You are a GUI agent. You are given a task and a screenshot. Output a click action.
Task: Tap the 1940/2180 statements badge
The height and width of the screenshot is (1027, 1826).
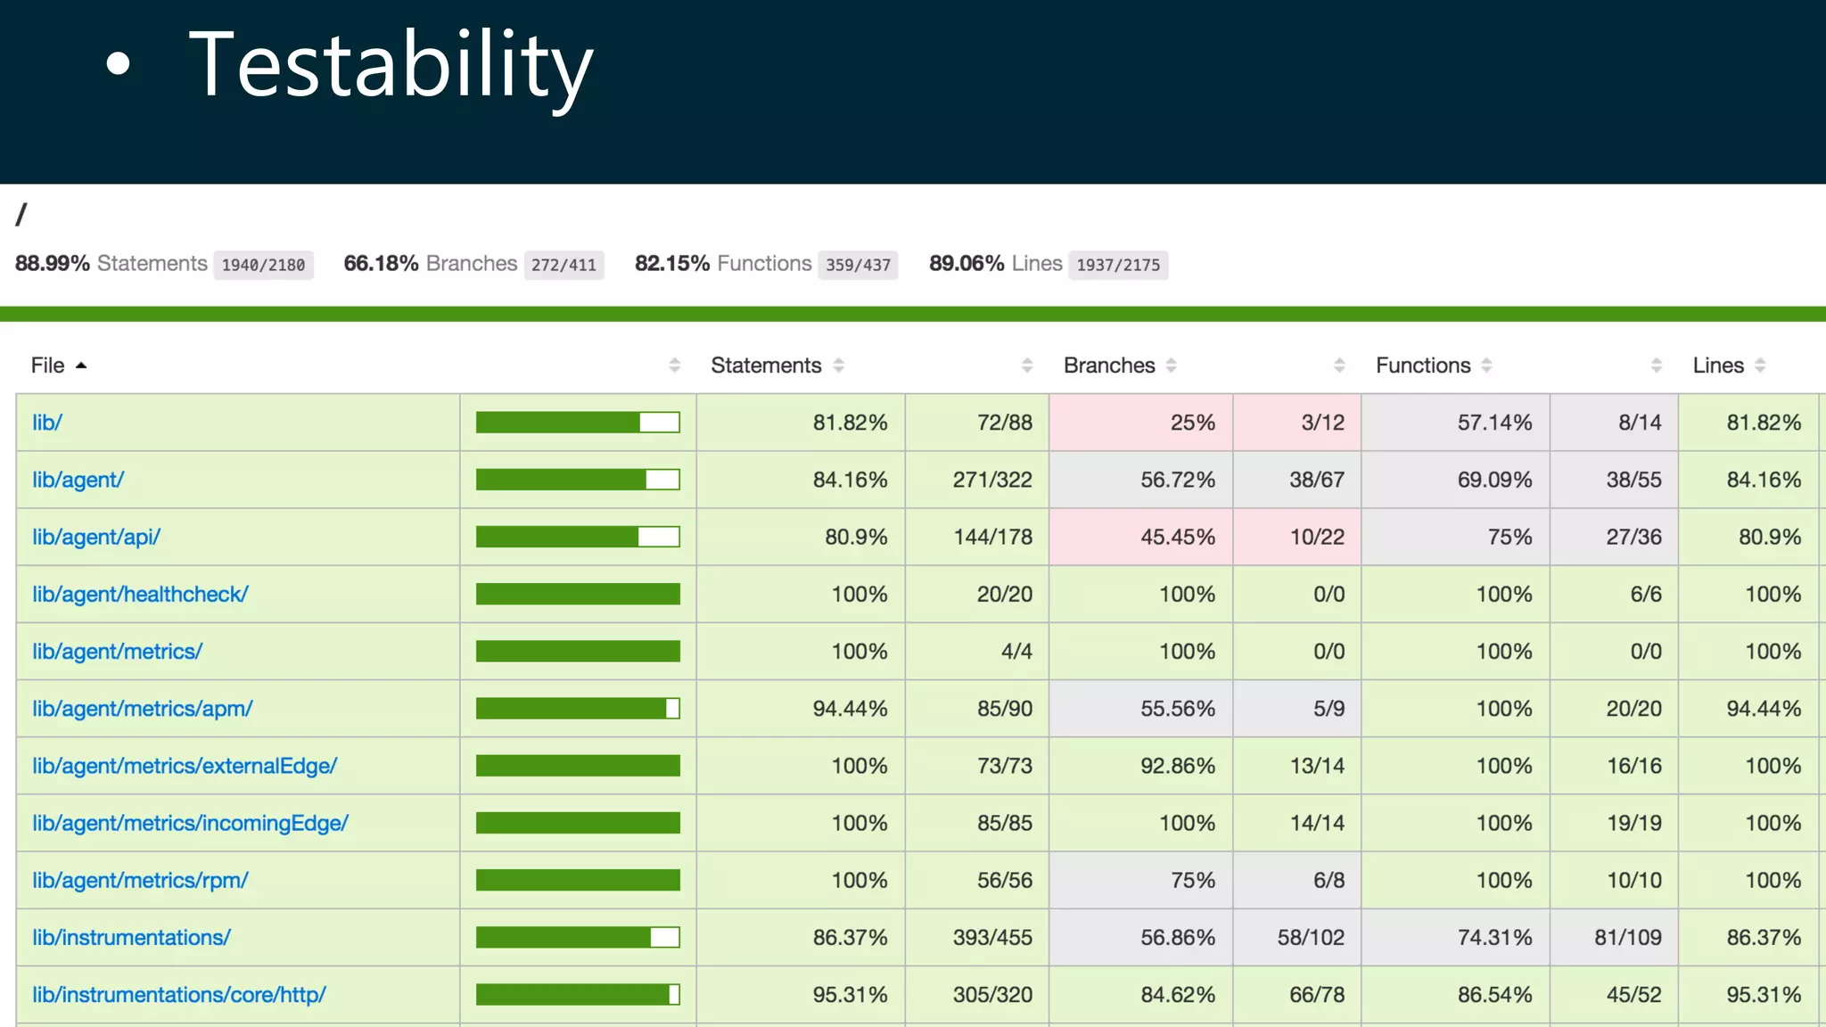(263, 265)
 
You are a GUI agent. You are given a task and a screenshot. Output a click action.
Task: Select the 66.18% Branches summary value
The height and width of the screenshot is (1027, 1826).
(381, 264)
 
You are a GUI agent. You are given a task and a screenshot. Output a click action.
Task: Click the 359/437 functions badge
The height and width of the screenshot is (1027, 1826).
(858, 265)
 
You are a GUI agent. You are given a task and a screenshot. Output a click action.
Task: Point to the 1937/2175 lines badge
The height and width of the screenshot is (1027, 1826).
(1118, 265)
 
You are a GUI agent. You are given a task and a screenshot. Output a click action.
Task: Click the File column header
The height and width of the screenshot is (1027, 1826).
(48, 366)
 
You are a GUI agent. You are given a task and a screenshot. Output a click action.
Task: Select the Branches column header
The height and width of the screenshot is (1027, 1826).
(1109, 366)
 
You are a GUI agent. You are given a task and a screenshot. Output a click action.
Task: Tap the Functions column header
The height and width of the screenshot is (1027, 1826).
(1423, 366)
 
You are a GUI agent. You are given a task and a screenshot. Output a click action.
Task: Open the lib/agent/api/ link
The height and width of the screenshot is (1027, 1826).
(96, 537)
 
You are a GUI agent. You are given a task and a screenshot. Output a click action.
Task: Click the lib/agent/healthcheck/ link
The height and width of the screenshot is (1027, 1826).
(140, 595)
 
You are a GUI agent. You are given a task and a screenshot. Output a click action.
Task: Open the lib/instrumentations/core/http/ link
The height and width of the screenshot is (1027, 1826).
(179, 995)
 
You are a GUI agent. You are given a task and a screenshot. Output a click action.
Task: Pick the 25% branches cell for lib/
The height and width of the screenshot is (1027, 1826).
(1192, 423)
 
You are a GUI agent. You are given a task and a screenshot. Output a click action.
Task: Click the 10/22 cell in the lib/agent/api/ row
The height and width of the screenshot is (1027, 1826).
(1317, 537)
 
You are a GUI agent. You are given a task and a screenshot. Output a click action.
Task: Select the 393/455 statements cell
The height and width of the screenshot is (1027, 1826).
(992, 938)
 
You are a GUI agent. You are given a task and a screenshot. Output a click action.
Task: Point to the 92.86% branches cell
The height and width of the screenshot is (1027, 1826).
(1178, 766)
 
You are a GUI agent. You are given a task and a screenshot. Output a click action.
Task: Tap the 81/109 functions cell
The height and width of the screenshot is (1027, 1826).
(1628, 938)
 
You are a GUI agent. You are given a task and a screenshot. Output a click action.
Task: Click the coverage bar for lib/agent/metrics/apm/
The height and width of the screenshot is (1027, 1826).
(578, 709)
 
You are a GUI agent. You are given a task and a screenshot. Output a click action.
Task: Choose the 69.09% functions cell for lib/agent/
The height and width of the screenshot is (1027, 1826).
(1494, 480)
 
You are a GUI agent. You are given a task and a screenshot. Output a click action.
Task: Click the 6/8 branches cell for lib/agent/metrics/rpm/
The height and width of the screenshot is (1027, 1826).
(1328, 881)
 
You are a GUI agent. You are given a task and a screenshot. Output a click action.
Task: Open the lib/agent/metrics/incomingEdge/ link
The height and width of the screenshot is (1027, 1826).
(190, 823)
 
